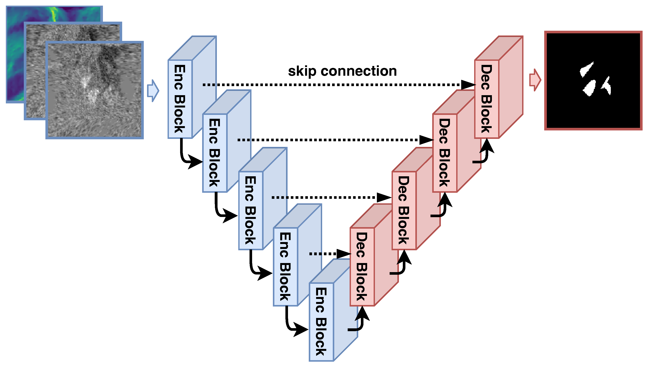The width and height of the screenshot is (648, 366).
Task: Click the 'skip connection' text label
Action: pos(342,71)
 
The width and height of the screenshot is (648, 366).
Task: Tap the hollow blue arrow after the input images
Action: pos(153,91)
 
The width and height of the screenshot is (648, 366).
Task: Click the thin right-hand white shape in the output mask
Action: pos(607,86)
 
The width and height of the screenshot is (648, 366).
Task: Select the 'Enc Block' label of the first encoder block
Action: pos(180,99)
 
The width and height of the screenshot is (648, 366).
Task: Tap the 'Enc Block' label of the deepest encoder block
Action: pos(321,321)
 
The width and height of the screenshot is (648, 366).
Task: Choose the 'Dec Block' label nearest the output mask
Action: pos(486,99)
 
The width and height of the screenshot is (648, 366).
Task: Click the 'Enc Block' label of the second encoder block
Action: pos(214,152)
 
